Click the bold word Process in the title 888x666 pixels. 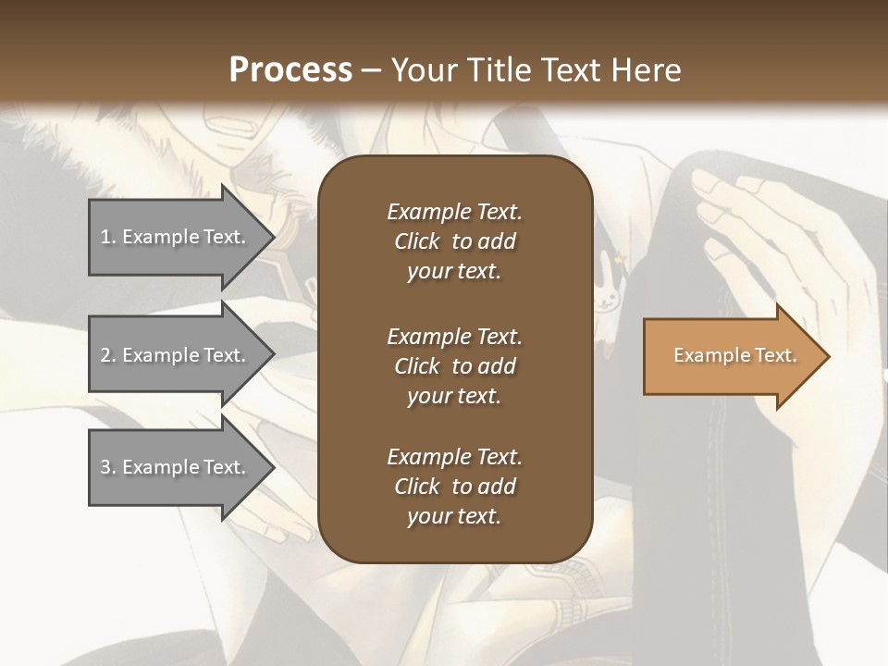290,70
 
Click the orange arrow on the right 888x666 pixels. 731,356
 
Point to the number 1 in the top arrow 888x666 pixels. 105,237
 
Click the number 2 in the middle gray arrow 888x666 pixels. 105,355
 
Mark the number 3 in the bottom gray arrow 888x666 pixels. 105,467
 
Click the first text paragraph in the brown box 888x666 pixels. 454,241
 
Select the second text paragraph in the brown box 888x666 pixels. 454,366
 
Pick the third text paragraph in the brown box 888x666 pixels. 454,487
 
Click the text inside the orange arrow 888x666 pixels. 734,355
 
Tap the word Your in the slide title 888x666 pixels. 423,70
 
